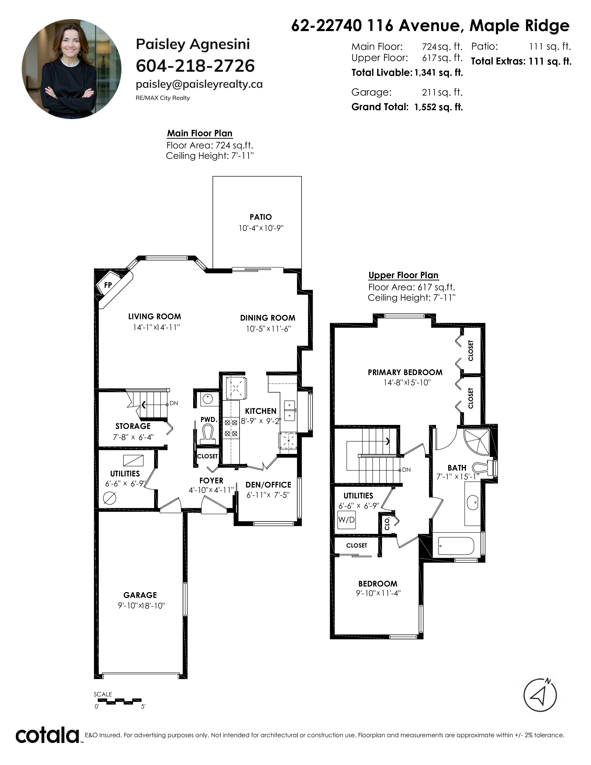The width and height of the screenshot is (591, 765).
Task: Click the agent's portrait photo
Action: [71, 69]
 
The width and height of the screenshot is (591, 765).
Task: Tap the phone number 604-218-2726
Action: [195, 66]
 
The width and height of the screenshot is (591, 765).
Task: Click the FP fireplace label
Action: [108, 285]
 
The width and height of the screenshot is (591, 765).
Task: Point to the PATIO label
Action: [261, 217]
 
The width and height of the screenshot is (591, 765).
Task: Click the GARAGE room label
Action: [140, 595]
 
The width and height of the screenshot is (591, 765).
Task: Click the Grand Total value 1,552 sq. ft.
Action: [438, 107]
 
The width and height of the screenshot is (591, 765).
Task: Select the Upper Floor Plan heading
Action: [403, 275]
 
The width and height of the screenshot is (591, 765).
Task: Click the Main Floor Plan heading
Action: [200, 134]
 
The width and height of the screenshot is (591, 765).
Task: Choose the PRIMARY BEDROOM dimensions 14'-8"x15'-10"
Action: [407, 382]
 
